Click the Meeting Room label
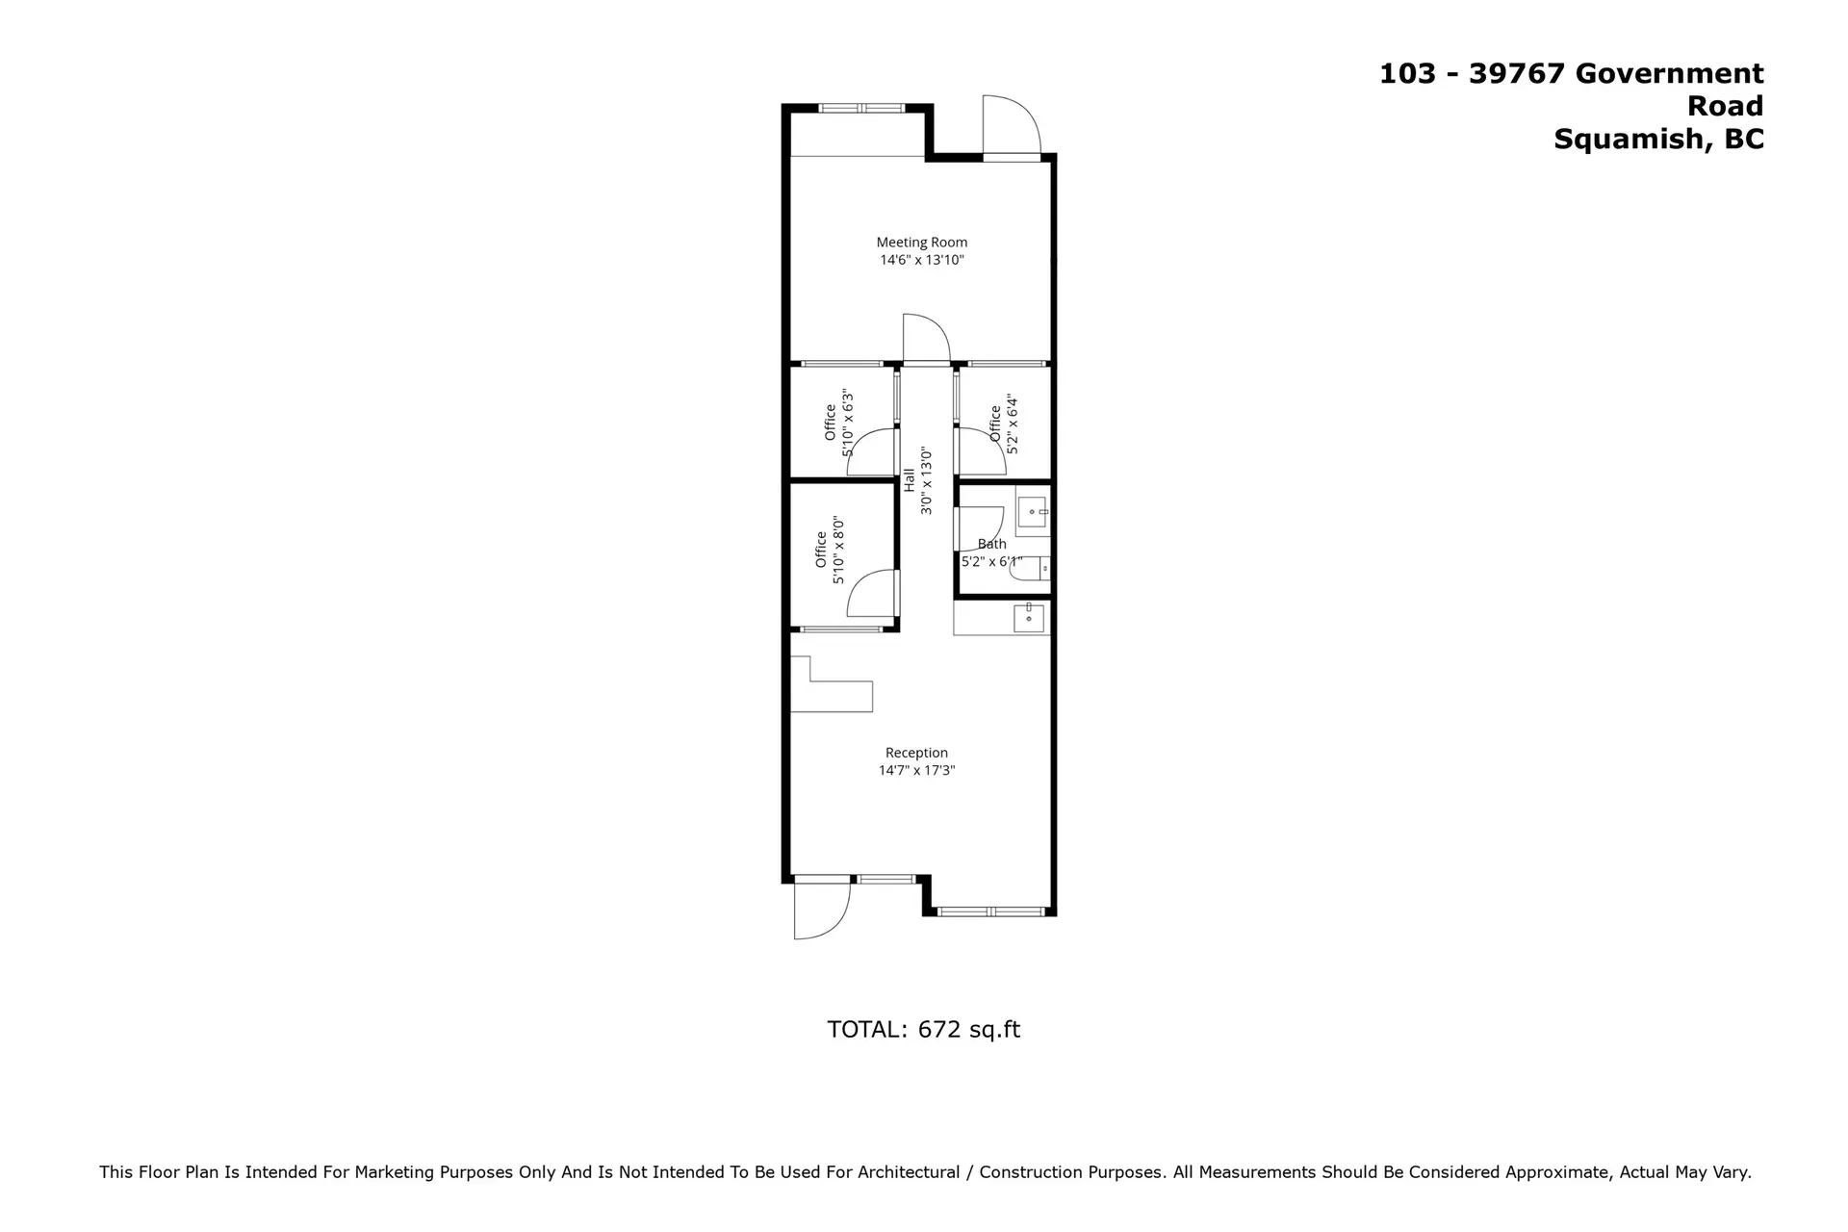click(x=921, y=243)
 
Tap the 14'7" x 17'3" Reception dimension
click(x=916, y=770)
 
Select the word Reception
click(x=916, y=753)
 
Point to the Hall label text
click(x=910, y=479)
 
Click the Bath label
click(x=991, y=544)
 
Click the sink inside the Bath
click(x=1033, y=512)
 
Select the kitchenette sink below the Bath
click(x=1028, y=618)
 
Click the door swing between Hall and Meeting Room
click(x=926, y=339)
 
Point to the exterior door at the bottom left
click(x=820, y=909)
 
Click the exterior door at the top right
click(x=1011, y=125)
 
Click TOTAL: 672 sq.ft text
click(x=923, y=1029)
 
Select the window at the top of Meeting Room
click(x=861, y=108)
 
